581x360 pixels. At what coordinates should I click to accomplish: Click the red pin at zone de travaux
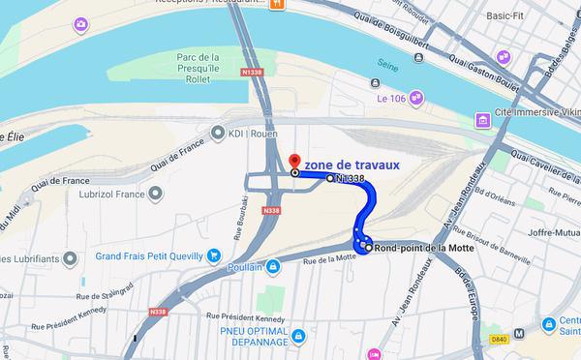[x=295, y=161]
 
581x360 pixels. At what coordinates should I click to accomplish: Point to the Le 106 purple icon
[x=415, y=97]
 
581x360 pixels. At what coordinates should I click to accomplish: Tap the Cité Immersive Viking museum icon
[x=480, y=120]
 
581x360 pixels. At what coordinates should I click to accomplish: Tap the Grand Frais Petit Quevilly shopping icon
[x=213, y=256]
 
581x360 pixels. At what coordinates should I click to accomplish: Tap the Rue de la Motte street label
[x=324, y=259]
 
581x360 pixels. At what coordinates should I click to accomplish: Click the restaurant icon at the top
[x=275, y=4]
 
